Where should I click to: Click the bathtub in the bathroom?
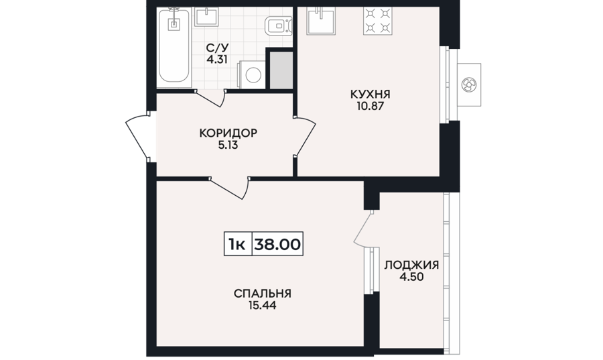click(x=174, y=46)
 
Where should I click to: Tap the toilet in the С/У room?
click(x=279, y=26)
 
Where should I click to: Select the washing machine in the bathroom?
click(x=253, y=74)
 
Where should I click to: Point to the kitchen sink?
click(x=320, y=21)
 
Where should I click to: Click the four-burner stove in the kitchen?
click(x=378, y=21)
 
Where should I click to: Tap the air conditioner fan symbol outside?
click(x=469, y=84)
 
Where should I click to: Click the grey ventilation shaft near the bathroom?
click(x=281, y=70)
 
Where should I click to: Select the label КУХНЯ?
click(x=370, y=95)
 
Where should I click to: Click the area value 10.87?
click(x=370, y=107)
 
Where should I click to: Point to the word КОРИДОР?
click(x=228, y=133)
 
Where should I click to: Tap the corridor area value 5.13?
click(x=228, y=145)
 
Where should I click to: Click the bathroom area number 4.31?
click(x=217, y=60)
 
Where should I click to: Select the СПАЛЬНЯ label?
click(x=262, y=294)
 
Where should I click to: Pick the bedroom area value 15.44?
click(x=262, y=306)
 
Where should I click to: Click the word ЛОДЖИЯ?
click(x=411, y=265)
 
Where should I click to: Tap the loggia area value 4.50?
click(x=411, y=278)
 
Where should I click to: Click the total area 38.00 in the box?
click(x=277, y=244)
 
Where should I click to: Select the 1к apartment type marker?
click(x=237, y=244)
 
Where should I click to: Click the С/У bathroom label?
click(x=217, y=48)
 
